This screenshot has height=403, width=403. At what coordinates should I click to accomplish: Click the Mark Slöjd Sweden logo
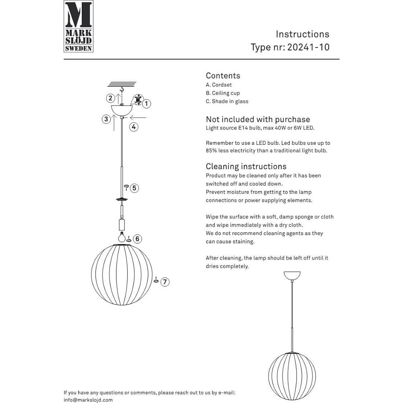pyautogui.click(x=79, y=26)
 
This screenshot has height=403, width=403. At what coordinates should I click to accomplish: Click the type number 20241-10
pyautogui.click(x=308, y=47)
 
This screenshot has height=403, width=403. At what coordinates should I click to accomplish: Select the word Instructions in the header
pyautogui.click(x=302, y=34)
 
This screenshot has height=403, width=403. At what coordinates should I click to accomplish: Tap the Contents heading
pyautogui.click(x=223, y=76)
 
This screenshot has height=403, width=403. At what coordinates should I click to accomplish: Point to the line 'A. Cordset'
pyautogui.click(x=219, y=85)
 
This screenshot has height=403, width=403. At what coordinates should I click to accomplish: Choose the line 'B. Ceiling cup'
pyautogui.click(x=223, y=93)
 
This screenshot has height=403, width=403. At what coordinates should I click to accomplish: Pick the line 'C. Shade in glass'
pyautogui.click(x=227, y=102)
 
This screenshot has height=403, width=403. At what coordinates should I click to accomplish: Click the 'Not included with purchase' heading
pyautogui.click(x=258, y=119)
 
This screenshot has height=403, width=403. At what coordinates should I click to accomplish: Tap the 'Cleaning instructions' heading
pyautogui.click(x=246, y=166)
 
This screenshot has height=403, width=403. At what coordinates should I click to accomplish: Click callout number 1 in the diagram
pyautogui.click(x=147, y=104)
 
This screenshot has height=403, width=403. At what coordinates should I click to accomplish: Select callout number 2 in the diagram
pyautogui.click(x=110, y=98)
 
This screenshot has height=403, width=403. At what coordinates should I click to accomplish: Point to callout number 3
pyautogui.click(x=106, y=119)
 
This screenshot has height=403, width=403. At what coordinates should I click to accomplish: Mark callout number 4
pyautogui.click(x=134, y=127)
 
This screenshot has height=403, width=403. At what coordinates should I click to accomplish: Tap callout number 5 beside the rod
pyautogui.click(x=135, y=188)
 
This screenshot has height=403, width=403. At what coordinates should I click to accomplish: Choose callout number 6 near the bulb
pyautogui.click(x=137, y=239)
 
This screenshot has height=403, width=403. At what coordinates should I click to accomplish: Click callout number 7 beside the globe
pyautogui.click(x=165, y=282)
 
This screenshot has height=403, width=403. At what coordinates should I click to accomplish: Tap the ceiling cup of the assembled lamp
pyautogui.click(x=292, y=276)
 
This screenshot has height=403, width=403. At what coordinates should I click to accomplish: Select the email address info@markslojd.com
pyautogui.click(x=88, y=400)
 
